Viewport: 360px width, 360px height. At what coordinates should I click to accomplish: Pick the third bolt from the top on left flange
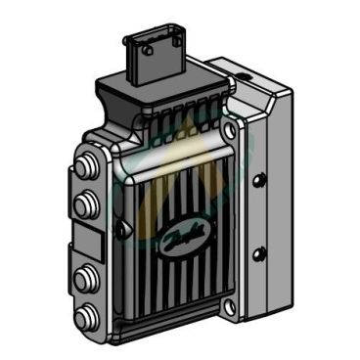point(83,274)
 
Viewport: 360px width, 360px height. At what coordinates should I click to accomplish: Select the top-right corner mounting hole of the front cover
point(229,129)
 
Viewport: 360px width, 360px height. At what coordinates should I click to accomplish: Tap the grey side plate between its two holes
point(258,217)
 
